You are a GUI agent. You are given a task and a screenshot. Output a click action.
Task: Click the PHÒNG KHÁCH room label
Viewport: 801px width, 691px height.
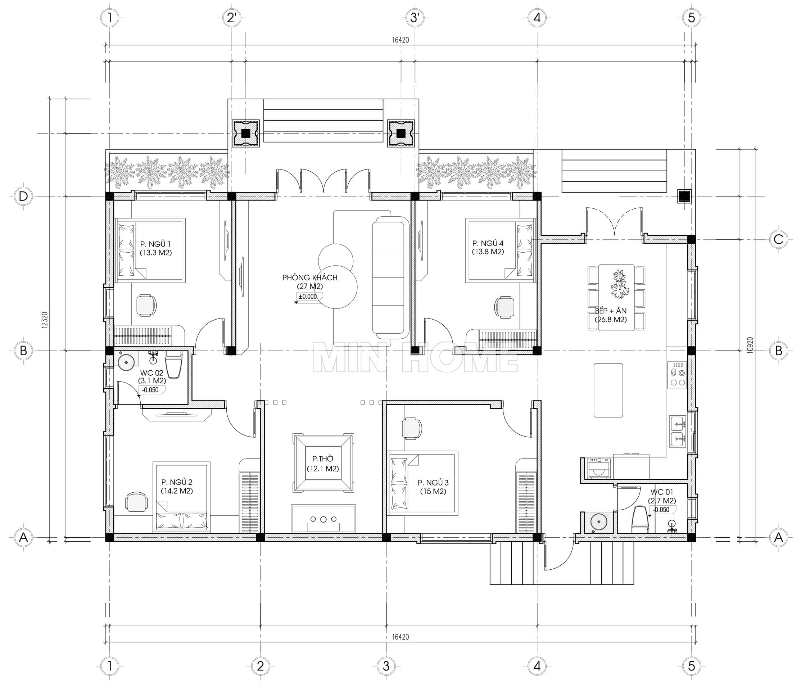pos(310,277)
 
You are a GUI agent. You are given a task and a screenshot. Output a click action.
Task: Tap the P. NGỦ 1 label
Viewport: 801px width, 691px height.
pos(155,244)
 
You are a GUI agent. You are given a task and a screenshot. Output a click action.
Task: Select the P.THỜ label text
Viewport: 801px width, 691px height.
pos(323,459)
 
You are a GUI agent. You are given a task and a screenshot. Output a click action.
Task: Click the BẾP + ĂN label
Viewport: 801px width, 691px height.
pos(611,311)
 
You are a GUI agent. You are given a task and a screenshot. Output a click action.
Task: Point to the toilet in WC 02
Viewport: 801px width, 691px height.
pos(173,365)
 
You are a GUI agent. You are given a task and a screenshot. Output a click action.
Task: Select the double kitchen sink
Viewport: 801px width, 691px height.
pos(678,432)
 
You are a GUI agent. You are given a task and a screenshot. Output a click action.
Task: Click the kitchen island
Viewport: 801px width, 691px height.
pos(608,390)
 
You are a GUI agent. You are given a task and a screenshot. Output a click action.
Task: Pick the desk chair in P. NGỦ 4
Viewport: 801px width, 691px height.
pos(504,307)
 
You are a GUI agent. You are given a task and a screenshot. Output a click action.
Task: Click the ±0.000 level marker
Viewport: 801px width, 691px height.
pos(307,297)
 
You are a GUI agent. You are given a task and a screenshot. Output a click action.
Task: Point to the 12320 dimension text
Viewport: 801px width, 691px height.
pos(45,320)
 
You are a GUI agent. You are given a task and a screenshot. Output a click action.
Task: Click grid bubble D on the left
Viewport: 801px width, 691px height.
pos(23,196)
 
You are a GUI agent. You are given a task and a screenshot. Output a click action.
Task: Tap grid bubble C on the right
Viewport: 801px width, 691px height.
pos(778,239)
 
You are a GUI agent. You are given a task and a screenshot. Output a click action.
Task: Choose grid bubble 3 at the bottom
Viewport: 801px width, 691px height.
pos(386,666)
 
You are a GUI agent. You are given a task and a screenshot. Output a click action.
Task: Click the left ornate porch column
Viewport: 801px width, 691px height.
pos(245,134)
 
